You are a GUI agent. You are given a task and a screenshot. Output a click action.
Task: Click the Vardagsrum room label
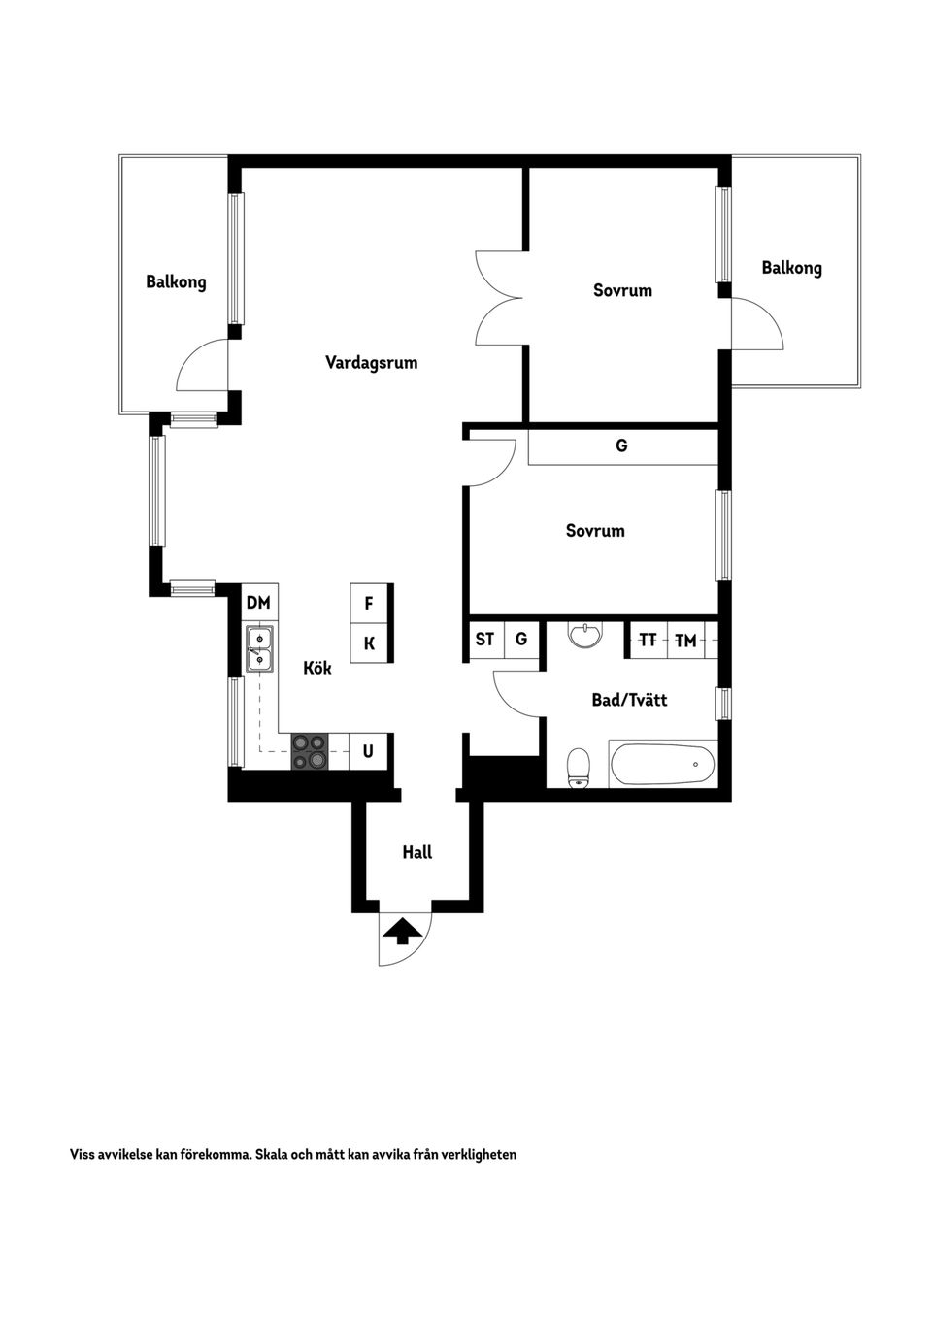tap(371, 362)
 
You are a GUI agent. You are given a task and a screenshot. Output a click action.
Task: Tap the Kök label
tap(317, 667)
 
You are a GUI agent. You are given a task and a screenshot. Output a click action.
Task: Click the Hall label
tap(417, 852)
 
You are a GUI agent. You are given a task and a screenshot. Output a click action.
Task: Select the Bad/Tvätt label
tap(629, 700)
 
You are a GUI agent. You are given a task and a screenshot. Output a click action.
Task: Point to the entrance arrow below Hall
tap(402, 932)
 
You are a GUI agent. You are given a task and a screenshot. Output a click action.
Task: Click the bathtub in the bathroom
tap(662, 764)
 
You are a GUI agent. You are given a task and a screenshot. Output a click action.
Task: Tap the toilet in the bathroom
tap(580, 768)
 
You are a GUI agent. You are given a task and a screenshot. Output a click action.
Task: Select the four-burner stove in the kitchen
tap(310, 751)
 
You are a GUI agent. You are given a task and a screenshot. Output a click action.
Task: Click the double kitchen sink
tap(259, 649)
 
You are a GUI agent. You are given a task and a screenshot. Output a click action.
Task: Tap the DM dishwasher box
tap(259, 603)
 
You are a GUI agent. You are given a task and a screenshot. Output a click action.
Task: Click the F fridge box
tap(369, 603)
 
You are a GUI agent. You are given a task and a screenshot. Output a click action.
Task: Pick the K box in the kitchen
tap(369, 643)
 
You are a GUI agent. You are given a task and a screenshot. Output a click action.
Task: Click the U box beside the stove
tap(368, 751)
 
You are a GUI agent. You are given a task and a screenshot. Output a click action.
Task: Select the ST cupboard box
tap(486, 639)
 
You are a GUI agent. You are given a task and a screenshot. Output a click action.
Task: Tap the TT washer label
tap(648, 640)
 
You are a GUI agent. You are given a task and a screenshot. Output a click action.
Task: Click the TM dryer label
tap(685, 641)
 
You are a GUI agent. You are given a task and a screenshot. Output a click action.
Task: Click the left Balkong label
tap(176, 281)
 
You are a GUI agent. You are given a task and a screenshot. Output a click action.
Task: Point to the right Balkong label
tap(791, 268)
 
